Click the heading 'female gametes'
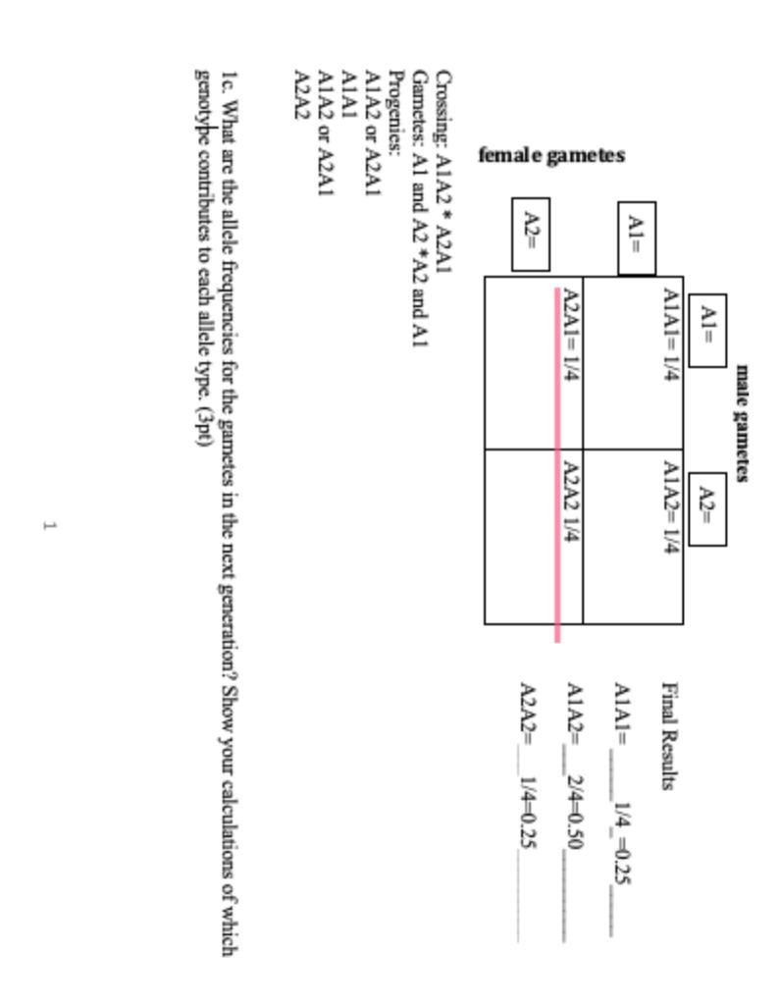click(x=551, y=155)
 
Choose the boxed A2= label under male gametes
click(x=706, y=509)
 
